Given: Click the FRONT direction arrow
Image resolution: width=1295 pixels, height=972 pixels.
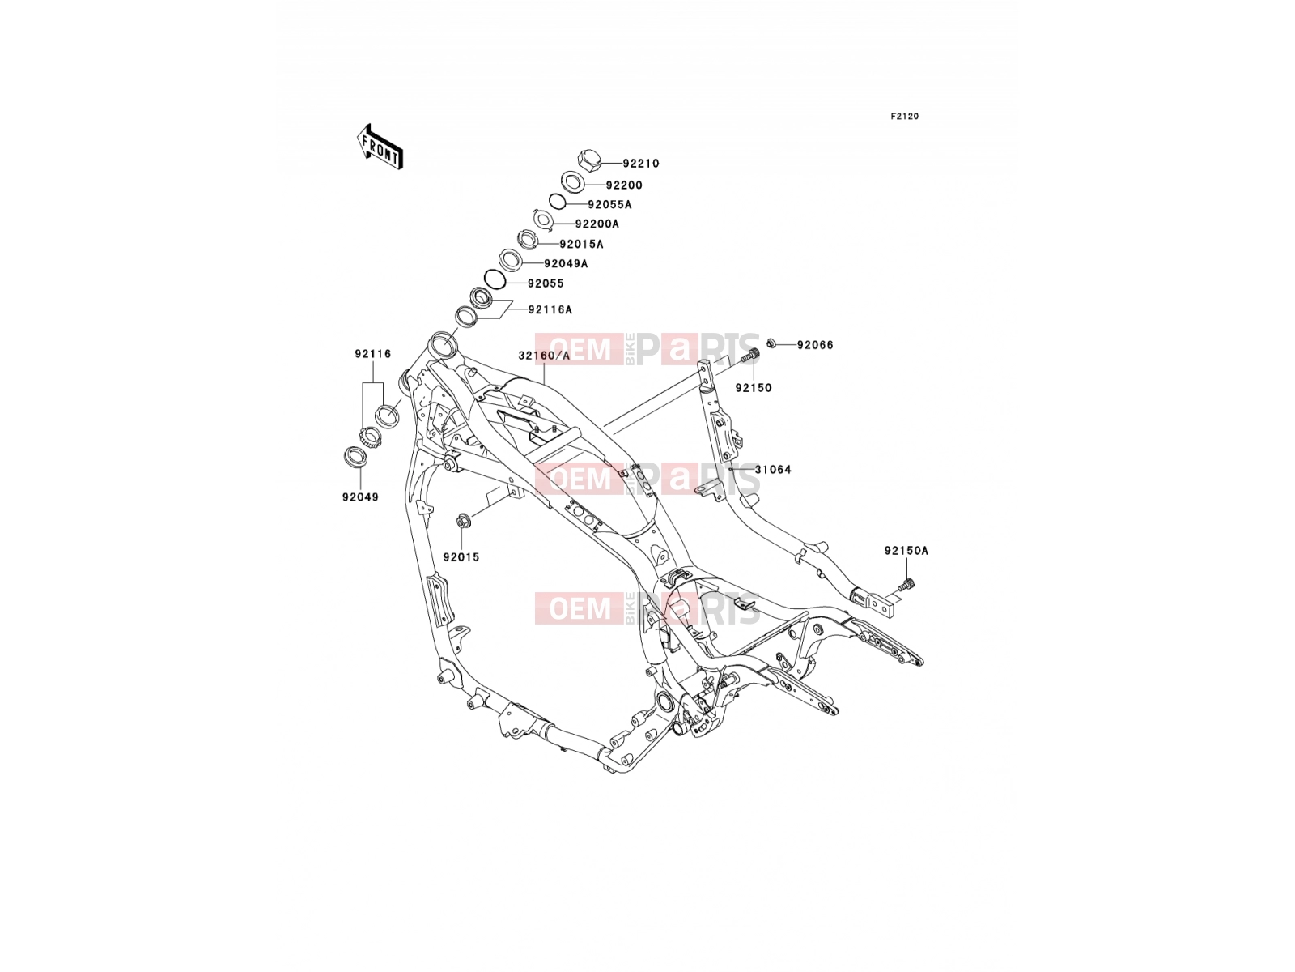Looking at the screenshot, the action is (x=380, y=147).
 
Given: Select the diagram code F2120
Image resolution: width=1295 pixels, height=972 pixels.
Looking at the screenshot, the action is (x=904, y=117).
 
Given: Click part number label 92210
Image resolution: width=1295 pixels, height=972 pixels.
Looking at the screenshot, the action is (x=641, y=164).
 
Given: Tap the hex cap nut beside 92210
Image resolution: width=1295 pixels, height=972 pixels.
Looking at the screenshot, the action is (x=588, y=160).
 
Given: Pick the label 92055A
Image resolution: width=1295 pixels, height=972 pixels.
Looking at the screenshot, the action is (x=609, y=205).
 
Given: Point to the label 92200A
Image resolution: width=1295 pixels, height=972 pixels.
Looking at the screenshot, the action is (x=597, y=224).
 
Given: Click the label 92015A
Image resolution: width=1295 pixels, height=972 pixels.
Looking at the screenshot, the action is (x=581, y=245).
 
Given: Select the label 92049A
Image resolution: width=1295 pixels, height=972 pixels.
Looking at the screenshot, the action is (x=566, y=264).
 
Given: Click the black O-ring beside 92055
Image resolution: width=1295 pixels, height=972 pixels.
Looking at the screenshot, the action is (x=495, y=279).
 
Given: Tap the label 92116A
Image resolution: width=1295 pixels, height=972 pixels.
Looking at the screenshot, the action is (x=550, y=310).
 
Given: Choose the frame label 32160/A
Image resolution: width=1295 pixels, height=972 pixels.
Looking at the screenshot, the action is (x=544, y=356).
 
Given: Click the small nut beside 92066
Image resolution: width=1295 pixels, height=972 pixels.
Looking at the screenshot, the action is (x=771, y=343).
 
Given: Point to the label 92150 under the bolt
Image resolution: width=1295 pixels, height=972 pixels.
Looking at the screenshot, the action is (x=754, y=388).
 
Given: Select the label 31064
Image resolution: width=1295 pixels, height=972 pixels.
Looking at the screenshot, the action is (x=773, y=470).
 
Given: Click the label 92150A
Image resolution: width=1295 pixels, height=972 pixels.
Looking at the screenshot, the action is (x=906, y=551).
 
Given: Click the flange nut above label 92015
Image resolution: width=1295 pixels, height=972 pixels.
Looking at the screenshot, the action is (x=462, y=521).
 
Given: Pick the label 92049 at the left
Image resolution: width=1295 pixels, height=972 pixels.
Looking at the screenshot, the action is (x=360, y=497).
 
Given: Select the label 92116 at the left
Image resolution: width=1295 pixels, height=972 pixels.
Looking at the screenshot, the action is (x=372, y=354).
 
